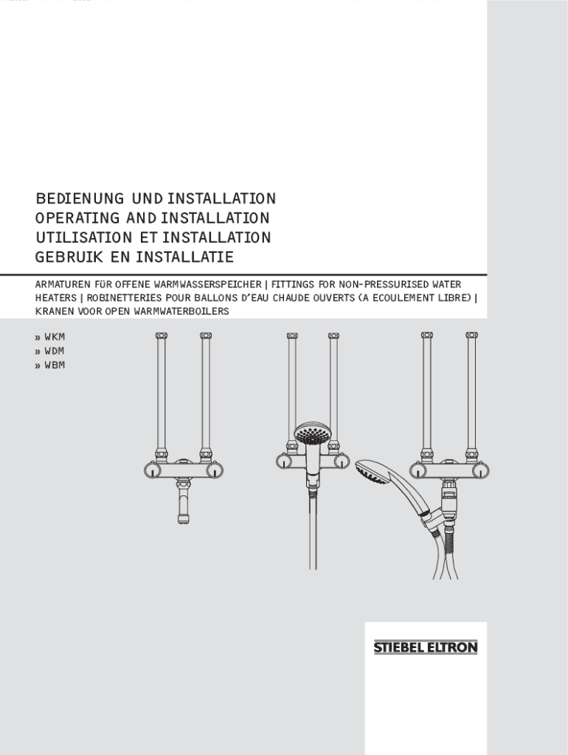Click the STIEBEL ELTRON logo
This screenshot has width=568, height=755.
(x=426, y=647)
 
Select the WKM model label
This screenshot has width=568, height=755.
(x=55, y=336)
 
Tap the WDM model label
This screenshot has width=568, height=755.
(x=55, y=350)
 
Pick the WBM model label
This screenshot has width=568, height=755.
(x=55, y=365)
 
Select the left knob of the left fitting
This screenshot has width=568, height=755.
(x=153, y=470)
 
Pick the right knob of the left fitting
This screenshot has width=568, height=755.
(x=214, y=470)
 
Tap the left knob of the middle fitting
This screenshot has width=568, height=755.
(x=285, y=462)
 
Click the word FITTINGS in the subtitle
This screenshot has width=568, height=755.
(x=293, y=284)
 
